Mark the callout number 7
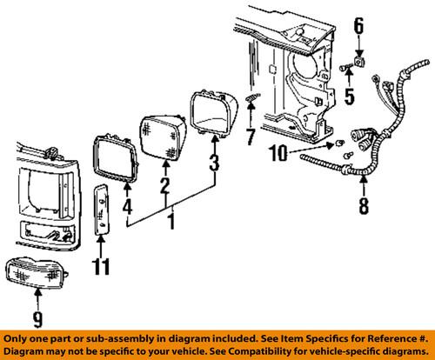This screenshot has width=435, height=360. tap(251, 137)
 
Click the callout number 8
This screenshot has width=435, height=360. tap(362, 207)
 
